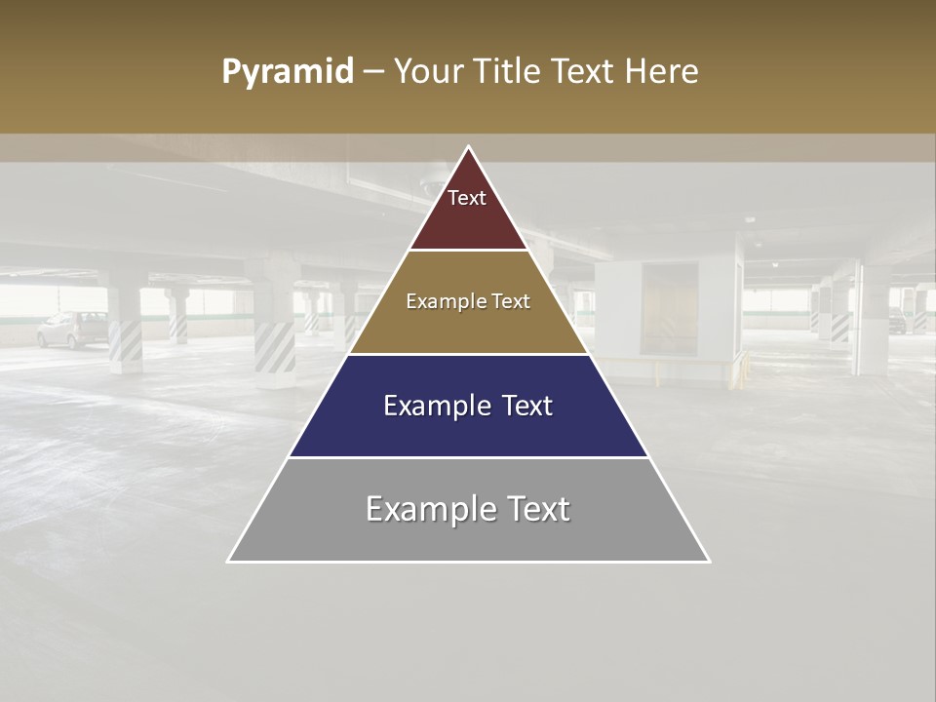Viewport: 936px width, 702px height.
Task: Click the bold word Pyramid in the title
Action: coord(287,72)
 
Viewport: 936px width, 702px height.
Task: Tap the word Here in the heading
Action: coord(661,72)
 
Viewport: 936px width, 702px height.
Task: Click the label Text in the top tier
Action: coord(467,198)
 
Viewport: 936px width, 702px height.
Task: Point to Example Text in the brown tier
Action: coord(468,301)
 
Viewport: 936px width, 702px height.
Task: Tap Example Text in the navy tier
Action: coord(468,406)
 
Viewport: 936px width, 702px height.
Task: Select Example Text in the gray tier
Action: coord(468,509)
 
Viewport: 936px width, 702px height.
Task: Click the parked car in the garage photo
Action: coord(73,330)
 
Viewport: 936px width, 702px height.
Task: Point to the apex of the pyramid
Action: coord(469,147)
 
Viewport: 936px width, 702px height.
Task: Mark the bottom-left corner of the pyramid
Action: coord(229,561)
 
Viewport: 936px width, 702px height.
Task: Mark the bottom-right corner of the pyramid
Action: coord(709,561)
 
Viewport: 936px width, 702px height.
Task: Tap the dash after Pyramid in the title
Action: coord(373,72)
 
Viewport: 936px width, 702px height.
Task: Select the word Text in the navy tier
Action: coord(524,406)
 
